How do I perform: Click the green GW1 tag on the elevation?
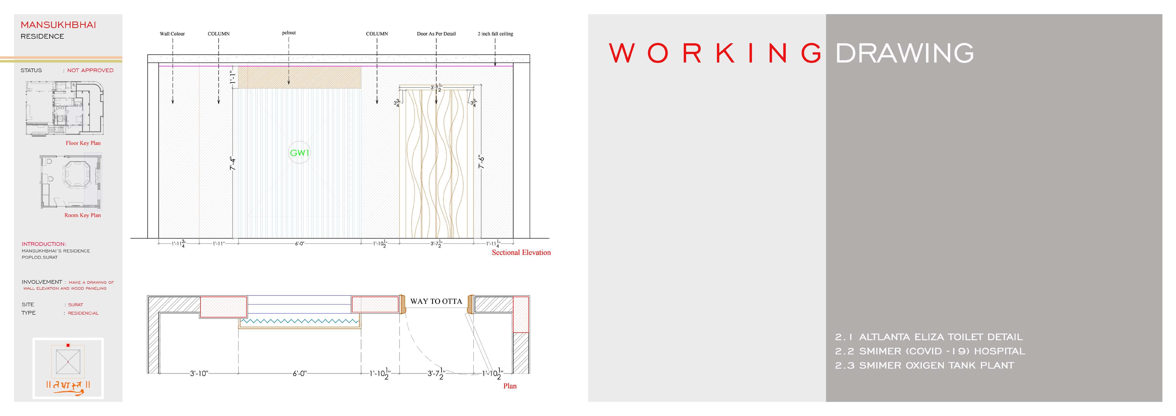[x=299, y=153]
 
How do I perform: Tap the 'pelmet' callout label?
[x=289, y=33]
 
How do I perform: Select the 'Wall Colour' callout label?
[x=172, y=34]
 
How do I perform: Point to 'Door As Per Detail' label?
[x=436, y=34]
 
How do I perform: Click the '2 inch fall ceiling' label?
[x=495, y=34]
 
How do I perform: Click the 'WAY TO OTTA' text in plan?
[x=436, y=301]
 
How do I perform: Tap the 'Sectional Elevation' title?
[x=521, y=252]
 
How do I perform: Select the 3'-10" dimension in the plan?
[x=199, y=374]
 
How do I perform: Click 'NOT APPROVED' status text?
[x=90, y=70]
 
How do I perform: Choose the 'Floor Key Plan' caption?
[x=83, y=143]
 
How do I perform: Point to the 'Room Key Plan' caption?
[x=83, y=215]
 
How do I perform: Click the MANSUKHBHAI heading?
[x=59, y=25]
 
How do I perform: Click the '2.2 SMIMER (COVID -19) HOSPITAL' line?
[x=930, y=351]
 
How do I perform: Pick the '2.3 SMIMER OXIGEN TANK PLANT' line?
[x=924, y=365]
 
